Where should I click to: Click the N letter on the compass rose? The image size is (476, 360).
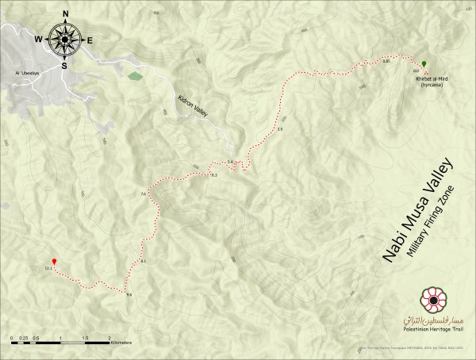[x=65, y=13]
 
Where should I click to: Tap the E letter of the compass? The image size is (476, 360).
[x=90, y=40]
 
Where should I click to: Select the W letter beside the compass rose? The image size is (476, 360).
[x=37, y=38]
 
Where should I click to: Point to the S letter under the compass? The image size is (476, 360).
[x=64, y=65]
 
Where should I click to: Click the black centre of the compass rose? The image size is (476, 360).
[x=63, y=38]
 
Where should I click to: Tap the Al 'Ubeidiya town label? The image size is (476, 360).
[x=27, y=73]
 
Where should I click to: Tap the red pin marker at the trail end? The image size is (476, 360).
[x=54, y=261]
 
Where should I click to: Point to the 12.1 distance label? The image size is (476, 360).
[x=48, y=270]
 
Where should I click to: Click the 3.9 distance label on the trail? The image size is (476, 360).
[x=280, y=128]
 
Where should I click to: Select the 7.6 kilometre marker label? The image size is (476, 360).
[x=144, y=194]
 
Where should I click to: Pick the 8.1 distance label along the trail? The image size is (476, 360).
[x=144, y=261]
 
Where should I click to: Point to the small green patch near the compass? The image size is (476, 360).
[x=135, y=77]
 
